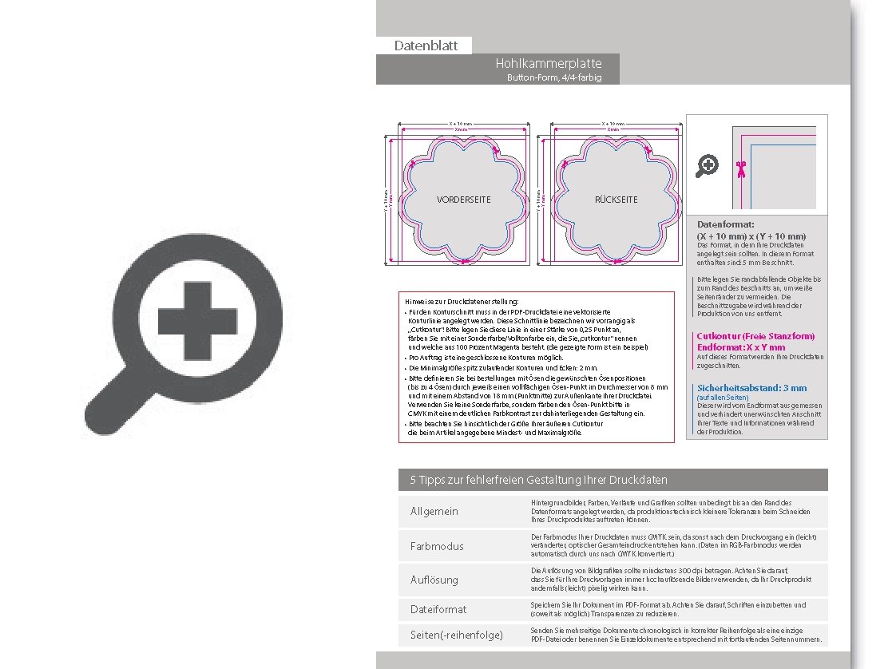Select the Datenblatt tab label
pyautogui.click(x=426, y=46)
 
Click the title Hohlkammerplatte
pyautogui.click(x=548, y=63)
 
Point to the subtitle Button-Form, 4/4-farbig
pyautogui.click(x=553, y=77)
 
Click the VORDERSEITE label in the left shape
pyautogui.click(x=464, y=200)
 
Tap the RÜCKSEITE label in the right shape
pyautogui.click(x=616, y=200)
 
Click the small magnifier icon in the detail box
pyautogui.click(x=708, y=165)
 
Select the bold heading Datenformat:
pyautogui.click(x=725, y=225)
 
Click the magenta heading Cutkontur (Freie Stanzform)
pyautogui.click(x=755, y=337)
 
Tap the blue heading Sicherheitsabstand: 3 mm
pyautogui.click(x=751, y=388)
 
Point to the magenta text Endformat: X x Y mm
pyautogui.click(x=740, y=347)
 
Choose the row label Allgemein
pyautogui.click(x=434, y=511)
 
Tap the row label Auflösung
pyautogui.click(x=434, y=579)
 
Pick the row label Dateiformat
pyautogui.click(x=438, y=609)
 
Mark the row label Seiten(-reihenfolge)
pyautogui.click(x=456, y=635)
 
